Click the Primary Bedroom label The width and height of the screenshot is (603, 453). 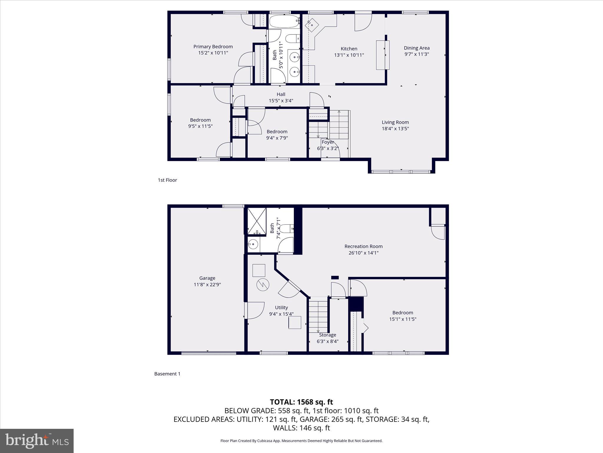(x=213, y=47)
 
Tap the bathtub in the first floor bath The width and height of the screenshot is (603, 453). (x=284, y=21)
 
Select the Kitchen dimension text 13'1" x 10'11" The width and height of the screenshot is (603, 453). (x=349, y=55)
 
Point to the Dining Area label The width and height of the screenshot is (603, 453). (x=416, y=48)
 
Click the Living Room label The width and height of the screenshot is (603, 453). (x=395, y=122)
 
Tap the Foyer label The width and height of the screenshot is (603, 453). (x=328, y=142)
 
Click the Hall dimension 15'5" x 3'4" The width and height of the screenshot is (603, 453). (x=281, y=101)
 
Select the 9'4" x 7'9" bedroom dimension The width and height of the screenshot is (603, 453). (x=277, y=138)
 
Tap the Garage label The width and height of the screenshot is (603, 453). (x=207, y=278)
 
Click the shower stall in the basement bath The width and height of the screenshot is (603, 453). (x=256, y=221)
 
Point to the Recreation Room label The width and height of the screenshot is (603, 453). (x=363, y=246)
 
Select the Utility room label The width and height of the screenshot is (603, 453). (x=281, y=307)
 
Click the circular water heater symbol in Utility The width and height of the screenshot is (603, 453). (x=263, y=285)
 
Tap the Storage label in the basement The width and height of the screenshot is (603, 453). (x=327, y=335)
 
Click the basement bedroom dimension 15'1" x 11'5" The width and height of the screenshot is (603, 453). (x=402, y=319)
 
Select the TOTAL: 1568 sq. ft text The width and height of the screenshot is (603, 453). (x=301, y=402)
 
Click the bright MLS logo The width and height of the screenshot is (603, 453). (x=37, y=441)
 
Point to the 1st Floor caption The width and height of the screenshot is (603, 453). (x=167, y=180)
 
